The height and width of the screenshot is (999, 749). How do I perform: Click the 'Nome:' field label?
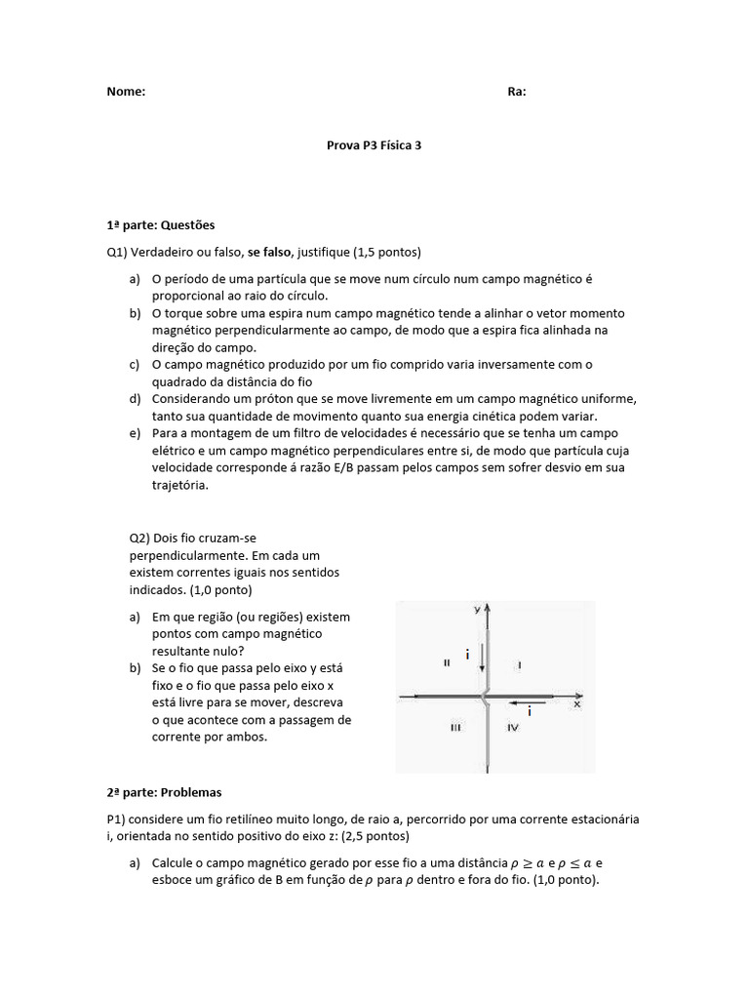point(126,92)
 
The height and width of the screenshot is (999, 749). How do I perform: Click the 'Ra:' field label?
point(517,92)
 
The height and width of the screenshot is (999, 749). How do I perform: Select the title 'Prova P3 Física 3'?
point(374,144)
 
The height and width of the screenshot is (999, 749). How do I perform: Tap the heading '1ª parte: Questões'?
point(160,225)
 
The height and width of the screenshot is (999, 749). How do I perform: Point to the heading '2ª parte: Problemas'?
point(165,793)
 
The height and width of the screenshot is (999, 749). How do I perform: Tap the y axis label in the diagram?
point(477,610)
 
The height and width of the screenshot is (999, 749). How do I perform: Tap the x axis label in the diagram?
point(577,702)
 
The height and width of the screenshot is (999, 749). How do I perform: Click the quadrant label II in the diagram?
point(447,662)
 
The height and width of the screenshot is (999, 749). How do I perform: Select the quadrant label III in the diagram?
point(454,728)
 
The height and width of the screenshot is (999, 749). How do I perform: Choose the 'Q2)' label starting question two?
point(141,539)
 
